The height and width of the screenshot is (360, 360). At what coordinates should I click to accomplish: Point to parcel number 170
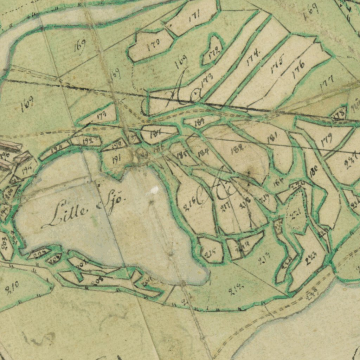[154, 45]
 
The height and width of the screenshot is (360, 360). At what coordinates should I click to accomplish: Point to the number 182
[238, 150]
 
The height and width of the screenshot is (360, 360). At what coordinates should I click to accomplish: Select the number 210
[12, 289]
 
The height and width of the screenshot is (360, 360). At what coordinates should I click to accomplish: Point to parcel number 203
[5, 244]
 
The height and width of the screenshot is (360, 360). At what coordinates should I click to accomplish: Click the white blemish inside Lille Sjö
[154, 191]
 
